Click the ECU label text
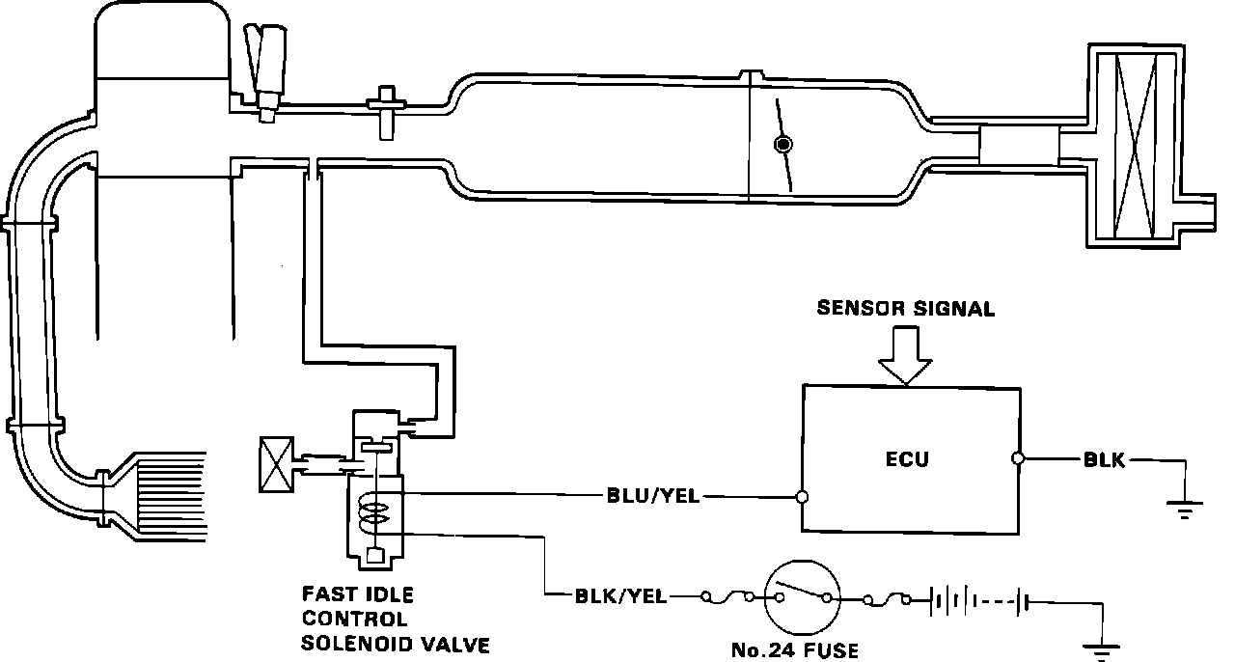[907, 459]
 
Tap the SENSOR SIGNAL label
[905, 309]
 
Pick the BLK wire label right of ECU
[1104, 460]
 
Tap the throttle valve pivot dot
[783, 145]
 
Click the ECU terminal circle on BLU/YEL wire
[802, 498]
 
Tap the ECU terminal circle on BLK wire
[1018, 460]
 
